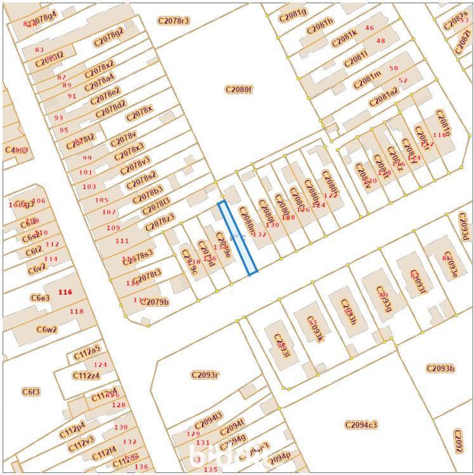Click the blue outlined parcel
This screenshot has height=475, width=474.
click(238, 238)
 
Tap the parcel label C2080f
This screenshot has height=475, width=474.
click(239, 89)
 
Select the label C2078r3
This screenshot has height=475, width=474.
click(173, 21)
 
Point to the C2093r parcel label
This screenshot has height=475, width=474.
click(205, 375)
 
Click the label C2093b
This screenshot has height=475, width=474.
click(440, 368)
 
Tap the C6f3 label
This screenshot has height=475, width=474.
click(30, 392)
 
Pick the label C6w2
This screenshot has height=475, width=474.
click(46, 330)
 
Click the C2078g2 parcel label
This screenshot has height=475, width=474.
click(109, 37)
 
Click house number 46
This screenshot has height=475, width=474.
click(369, 28)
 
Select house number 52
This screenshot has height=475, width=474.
click(403, 81)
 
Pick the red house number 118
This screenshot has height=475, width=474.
click(76, 311)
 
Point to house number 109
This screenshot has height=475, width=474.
click(113, 228)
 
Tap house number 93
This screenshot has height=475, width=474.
click(58, 118)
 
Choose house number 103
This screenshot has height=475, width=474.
click(89, 186)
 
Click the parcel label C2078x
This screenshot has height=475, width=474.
click(140, 115)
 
